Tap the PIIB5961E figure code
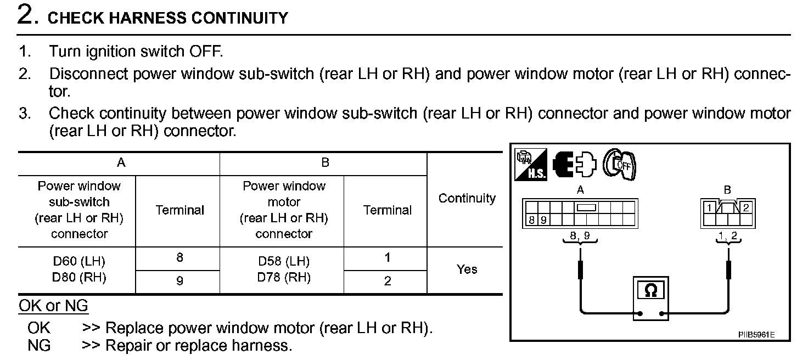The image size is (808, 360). pyautogui.click(x=756, y=334)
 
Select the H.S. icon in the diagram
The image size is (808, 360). pyautogui.click(x=530, y=165)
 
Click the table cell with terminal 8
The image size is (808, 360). pyautogui.click(x=179, y=258)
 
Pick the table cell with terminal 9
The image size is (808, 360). pyautogui.click(x=179, y=281)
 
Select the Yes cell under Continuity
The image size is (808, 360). pyautogui.click(x=467, y=269)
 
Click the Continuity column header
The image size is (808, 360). pyautogui.click(x=467, y=199)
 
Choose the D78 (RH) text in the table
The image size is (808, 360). pyautogui.click(x=283, y=277)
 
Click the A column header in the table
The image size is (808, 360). pyautogui.click(x=121, y=163)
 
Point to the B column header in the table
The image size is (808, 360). pyautogui.click(x=325, y=163)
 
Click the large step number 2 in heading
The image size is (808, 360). pyautogui.click(x=27, y=15)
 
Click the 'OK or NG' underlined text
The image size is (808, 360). pyautogui.click(x=53, y=306)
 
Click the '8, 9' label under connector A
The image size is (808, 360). pyautogui.click(x=580, y=237)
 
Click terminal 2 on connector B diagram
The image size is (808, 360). pyautogui.click(x=745, y=207)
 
